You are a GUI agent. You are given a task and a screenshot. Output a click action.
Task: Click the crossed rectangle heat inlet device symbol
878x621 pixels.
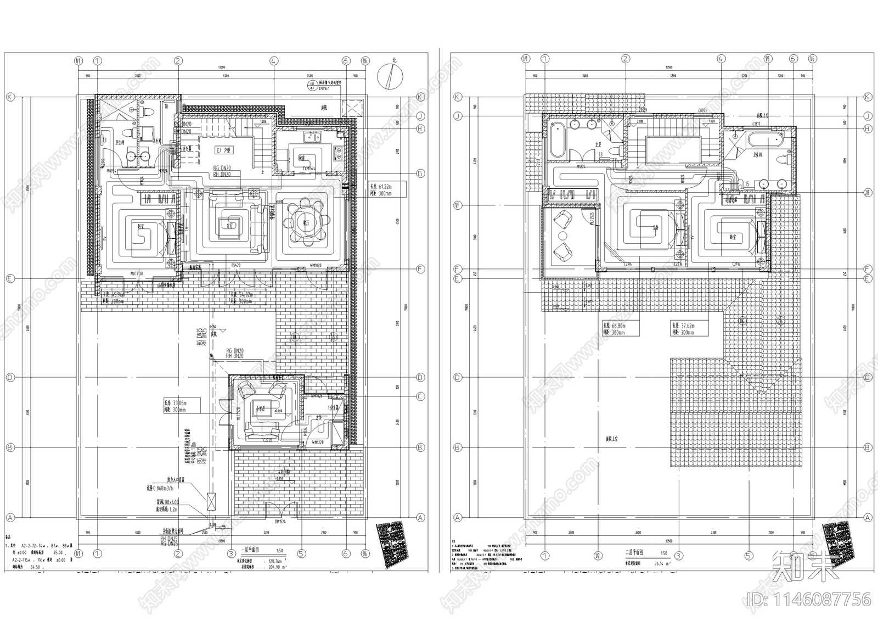coord(211,501)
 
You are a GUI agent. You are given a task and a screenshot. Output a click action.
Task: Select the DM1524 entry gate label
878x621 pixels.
coord(283,522)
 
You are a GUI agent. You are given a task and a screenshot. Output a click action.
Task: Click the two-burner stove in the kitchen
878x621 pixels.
coord(339,153)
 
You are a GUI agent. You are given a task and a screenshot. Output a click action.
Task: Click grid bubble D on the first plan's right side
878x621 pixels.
coord(420,378)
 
